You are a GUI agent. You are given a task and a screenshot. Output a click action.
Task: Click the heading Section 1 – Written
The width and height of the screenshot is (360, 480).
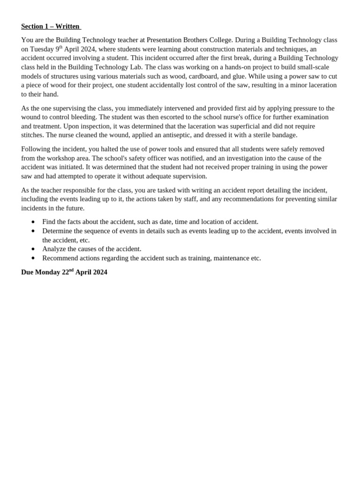coord(51,26)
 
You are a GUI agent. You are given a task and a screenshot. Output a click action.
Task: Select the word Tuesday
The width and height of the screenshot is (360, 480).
coord(42,49)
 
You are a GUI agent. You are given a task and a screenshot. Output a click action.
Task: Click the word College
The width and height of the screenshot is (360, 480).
coord(218,40)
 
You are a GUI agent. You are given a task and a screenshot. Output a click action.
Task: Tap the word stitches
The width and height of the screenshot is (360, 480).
coord(32,135)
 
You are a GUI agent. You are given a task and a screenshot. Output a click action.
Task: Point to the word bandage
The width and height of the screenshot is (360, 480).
coord(284,135)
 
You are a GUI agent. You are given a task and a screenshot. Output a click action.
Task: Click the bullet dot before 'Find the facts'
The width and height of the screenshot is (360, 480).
coord(33,222)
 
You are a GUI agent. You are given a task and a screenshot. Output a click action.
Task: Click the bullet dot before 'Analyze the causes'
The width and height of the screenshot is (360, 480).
coord(33,249)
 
